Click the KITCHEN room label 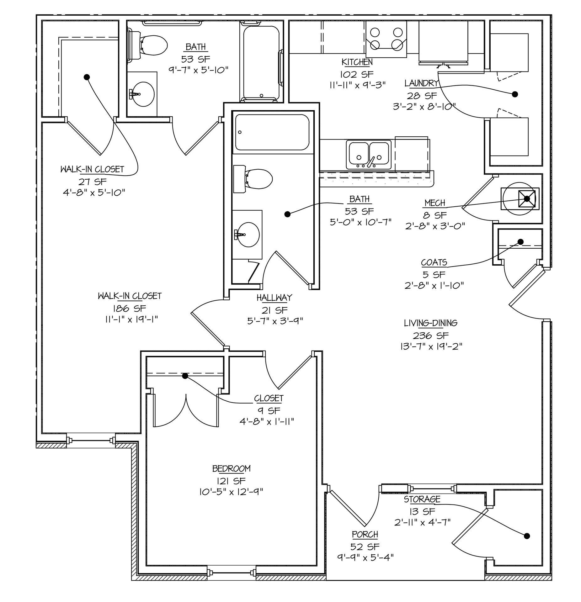pyautogui.click(x=357, y=62)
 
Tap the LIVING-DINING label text pyautogui.click(x=430, y=323)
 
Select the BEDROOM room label pyautogui.click(x=231, y=469)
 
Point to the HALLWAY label pyautogui.click(x=274, y=298)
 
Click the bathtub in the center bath pyautogui.click(x=272, y=132)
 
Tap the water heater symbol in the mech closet pyautogui.click(x=520, y=199)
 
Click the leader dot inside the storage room pyautogui.click(x=527, y=536)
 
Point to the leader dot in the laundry pyautogui.click(x=514, y=94)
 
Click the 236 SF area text pyautogui.click(x=430, y=335)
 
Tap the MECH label pyautogui.click(x=435, y=203)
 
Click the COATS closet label pyautogui.click(x=434, y=262)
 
